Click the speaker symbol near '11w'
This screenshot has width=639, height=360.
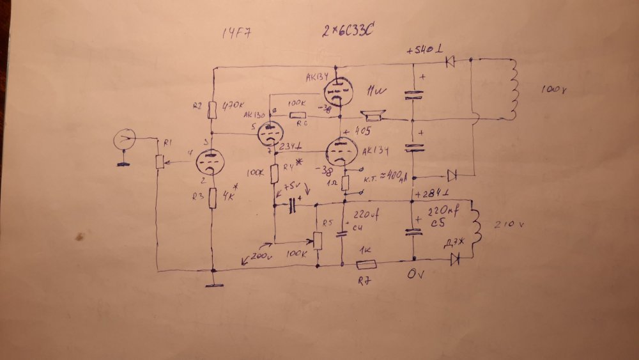tap(372, 117)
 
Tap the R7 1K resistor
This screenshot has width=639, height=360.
tap(367, 263)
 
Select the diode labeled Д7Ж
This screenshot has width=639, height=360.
tap(456, 259)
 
